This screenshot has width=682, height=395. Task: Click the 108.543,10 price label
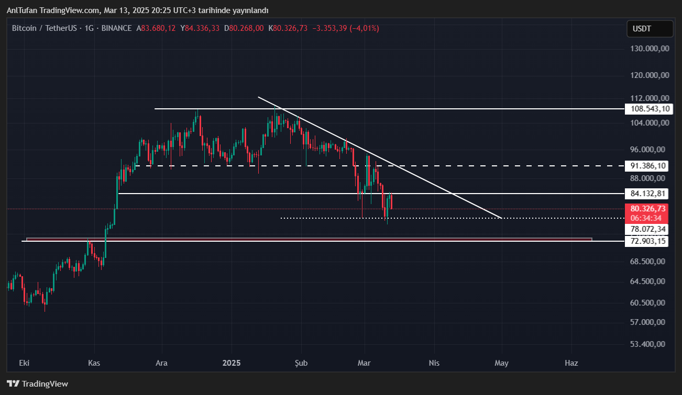pyautogui.click(x=650, y=109)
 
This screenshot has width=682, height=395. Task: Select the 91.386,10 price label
pyautogui.click(x=648, y=166)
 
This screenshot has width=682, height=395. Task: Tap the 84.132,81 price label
pyautogui.click(x=648, y=194)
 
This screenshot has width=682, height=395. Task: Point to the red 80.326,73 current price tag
pyautogui.click(x=648, y=208)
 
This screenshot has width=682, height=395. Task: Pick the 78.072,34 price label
pyautogui.click(x=648, y=229)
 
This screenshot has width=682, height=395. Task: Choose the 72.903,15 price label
pyautogui.click(x=648, y=241)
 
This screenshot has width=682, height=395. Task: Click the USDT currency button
pyautogui.click(x=650, y=29)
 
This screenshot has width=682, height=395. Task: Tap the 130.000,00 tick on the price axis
pyautogui.click(x=650, y=48)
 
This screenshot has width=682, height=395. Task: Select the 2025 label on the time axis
pyautogui.click(x=231, y=363)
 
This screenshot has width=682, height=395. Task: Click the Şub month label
pyautogui.click(x=301, y=363)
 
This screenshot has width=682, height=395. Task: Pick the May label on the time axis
pyautogui.click(x=502, y=363)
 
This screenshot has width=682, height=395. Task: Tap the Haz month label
pyautogui.click(x=571, y=363)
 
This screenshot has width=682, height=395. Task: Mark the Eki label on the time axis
pyautogui.click(x=24, y=363)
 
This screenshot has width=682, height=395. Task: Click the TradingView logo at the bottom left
pyautogui.click(x=38, y=384)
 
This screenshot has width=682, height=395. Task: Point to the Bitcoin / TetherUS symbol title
pyautogui.click(x=46, y=28)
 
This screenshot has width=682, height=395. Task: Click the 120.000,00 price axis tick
pyautogui.click(x=650, y=75)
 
